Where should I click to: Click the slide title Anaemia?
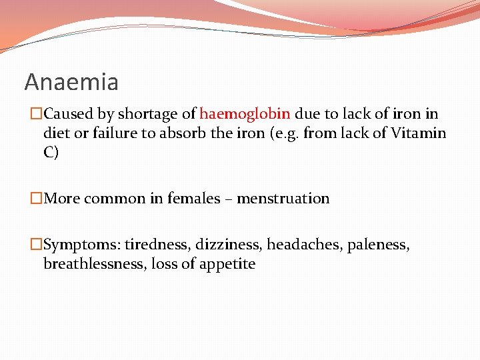pyautogui.click(x=71, y=82)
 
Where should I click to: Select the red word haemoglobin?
pyautogui.click(x=245, y=114)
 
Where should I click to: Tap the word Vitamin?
pyautogui.click(x=420, y=133)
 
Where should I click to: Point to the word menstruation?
pyautogui.click(x=283, y=199)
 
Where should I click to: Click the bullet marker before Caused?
pyautogui.click(x=36, y=114)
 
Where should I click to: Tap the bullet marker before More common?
pyautogui.click(x=36, y=199)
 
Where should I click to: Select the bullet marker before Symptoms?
pyautogui.click(x=36, y=245)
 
